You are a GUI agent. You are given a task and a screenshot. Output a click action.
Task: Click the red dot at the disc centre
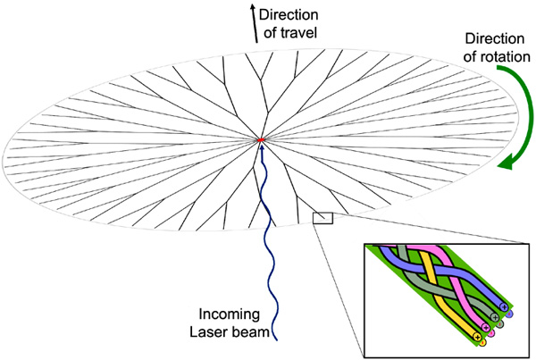[x=260, y=140]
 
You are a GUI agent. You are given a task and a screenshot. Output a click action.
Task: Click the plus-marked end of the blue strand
[x=504, y=307]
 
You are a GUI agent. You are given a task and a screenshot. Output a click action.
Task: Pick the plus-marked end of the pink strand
[x=488, y=326]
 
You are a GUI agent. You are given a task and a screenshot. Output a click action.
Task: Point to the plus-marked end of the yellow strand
[x=477, y=336]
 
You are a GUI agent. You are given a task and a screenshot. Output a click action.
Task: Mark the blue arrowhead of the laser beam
[x=261, y=147]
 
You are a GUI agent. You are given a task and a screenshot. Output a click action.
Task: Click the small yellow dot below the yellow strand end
[x=483, y=342]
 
